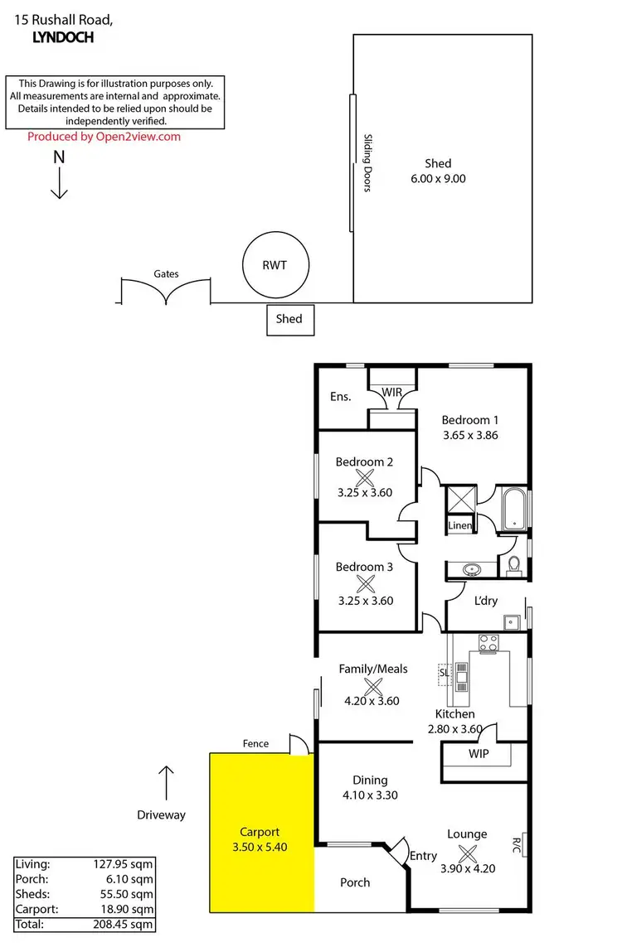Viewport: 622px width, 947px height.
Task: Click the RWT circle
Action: pyautogui.click(x=275, y=266)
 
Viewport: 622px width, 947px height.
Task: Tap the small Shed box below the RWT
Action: pyautogui.click(x=289, y=319)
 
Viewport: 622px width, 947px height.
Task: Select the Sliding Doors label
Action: pyautogui.click(x=367, y=163)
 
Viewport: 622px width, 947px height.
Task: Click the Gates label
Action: pyautogui.click(x=166, y=273)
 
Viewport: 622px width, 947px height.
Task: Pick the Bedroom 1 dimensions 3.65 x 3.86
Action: pyautogui.click(x=469, y=434)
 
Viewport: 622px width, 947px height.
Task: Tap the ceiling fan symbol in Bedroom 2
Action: pyautogui.click(x=365, y=477)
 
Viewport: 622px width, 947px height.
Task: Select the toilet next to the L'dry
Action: pyautogui.click(x=513, y=565)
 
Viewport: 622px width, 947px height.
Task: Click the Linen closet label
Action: pyautogui.click(x=459, y=526)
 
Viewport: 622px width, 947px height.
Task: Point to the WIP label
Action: pyautogui.click(x=479, y=755)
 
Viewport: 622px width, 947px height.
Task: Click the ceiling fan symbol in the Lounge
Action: pyautogui.click(x=467, y=850)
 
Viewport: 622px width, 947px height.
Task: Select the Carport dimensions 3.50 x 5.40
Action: pyautogui.click(x=260, y=847)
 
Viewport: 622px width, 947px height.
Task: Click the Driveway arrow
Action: pyautogui.click(x=167, y=781)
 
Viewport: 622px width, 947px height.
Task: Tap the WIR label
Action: pyautogui.click(x=391, y=391)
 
